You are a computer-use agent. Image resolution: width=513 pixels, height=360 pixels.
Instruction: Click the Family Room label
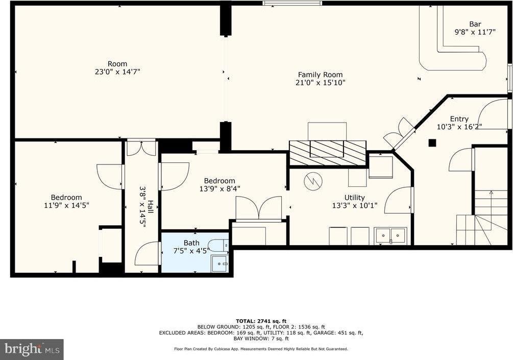[x=320, y=75]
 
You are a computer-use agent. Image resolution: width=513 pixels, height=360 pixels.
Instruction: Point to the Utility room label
[x=354, y=198]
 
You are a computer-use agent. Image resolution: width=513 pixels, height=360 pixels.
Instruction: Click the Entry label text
[x=459, y=119]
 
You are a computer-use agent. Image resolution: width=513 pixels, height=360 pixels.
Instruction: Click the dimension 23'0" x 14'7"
[x=117, y=72]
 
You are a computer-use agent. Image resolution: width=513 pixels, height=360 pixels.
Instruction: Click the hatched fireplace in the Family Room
[x=328, y=153]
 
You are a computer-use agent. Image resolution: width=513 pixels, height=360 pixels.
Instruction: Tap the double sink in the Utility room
[x=390, y=235]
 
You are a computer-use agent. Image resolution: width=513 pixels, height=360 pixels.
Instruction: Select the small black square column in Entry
[x=432, y=143]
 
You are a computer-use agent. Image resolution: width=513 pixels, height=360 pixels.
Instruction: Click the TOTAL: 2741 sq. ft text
[x=260, y=320]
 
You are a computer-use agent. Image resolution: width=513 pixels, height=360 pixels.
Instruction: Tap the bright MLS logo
[x=32, y=349]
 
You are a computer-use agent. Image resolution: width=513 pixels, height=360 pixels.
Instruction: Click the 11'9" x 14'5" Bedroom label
[x=66, y=201]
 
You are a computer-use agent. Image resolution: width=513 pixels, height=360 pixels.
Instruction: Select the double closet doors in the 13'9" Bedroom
[x=258, y=208]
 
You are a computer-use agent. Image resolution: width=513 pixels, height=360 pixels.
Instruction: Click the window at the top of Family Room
[x=292, y=3]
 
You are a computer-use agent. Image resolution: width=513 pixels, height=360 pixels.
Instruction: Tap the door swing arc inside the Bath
[x=148, y=254]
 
